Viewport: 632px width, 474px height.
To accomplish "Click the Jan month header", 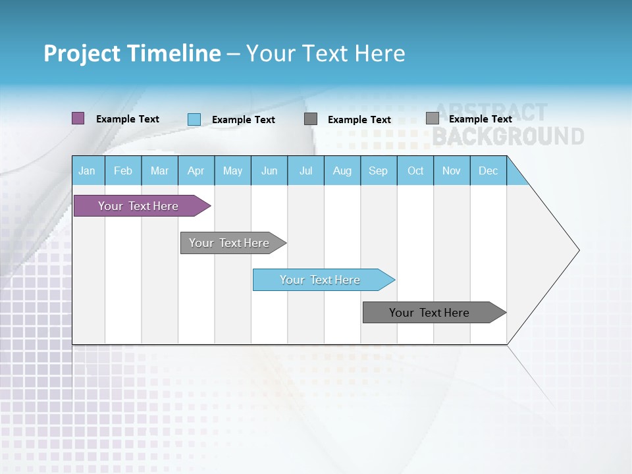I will point(88,171).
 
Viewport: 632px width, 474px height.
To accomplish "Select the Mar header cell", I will point(159,171).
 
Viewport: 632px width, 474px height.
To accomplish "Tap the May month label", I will point(232,171).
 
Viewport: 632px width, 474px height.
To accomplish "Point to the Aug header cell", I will point(342,171).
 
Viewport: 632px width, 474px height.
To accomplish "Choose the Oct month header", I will point(415,171).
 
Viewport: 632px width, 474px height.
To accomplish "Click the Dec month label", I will point(488,171).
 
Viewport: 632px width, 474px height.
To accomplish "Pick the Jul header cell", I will point(305,171).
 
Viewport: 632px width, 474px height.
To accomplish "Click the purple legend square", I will point(78,118).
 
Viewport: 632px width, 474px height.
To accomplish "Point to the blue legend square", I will point(194,119).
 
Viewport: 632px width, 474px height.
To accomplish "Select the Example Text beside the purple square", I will point(128,119).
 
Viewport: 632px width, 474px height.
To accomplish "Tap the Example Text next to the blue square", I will point(244,120).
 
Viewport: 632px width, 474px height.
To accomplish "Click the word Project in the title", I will point(82,53).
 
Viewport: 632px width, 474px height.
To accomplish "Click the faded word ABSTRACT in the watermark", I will point(490,113).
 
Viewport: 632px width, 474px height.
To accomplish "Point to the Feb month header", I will point(123,171).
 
